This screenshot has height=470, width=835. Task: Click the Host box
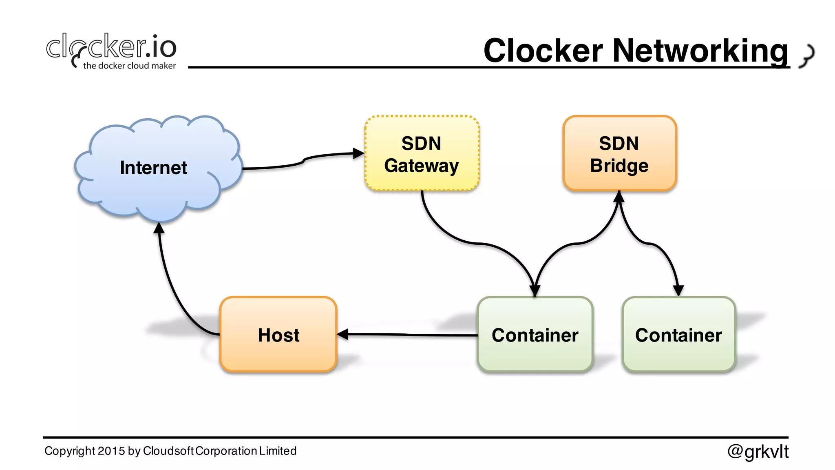pos(278,335)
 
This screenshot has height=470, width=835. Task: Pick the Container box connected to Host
pos(535,335)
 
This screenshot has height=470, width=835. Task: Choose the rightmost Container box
pos(678,335)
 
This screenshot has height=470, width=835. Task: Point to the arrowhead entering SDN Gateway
pos(358,153)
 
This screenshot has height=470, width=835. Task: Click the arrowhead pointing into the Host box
pos(343,335)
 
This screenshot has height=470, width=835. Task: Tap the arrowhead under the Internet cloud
pos(159,228)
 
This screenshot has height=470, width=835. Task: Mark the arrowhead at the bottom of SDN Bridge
pos(619,197)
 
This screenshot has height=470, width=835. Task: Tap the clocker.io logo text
pos(111,47)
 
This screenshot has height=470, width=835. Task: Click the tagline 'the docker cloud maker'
pos(129,66)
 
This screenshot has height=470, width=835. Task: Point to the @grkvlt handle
pos(758,451)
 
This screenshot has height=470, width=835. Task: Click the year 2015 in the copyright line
pos(111,451)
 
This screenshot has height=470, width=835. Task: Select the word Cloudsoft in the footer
pos(168,451)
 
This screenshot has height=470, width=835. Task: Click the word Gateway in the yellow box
pos(422,166)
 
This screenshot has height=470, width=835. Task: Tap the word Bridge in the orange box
pos(619,166)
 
